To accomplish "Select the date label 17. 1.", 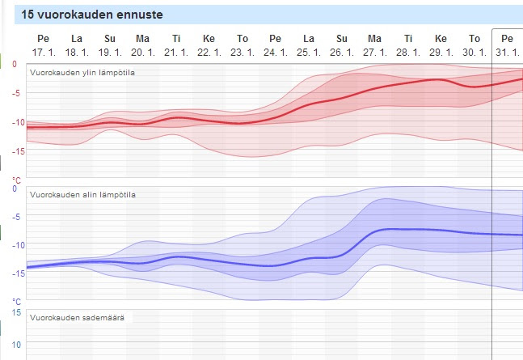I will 43,52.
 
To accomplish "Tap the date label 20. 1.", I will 142,52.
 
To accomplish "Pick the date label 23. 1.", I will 242,52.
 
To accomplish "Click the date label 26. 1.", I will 341,52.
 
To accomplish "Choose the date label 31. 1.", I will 507,52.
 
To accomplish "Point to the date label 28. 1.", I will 407,52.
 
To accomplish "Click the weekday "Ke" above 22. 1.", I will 209,39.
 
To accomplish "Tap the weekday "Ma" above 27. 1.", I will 374,39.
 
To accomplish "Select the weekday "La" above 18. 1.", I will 76,39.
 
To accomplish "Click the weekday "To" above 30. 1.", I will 474,39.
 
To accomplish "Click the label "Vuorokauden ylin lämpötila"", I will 82,72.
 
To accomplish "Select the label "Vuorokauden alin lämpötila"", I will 82,195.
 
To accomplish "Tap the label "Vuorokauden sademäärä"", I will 77,318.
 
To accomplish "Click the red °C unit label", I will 15,179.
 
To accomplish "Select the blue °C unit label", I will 15,301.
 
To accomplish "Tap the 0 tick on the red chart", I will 14,63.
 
